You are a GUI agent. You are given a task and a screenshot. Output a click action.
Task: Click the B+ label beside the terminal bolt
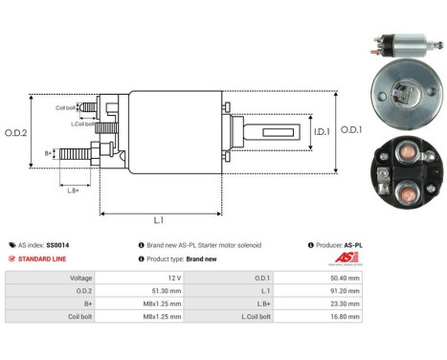click(x=49, y=152)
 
